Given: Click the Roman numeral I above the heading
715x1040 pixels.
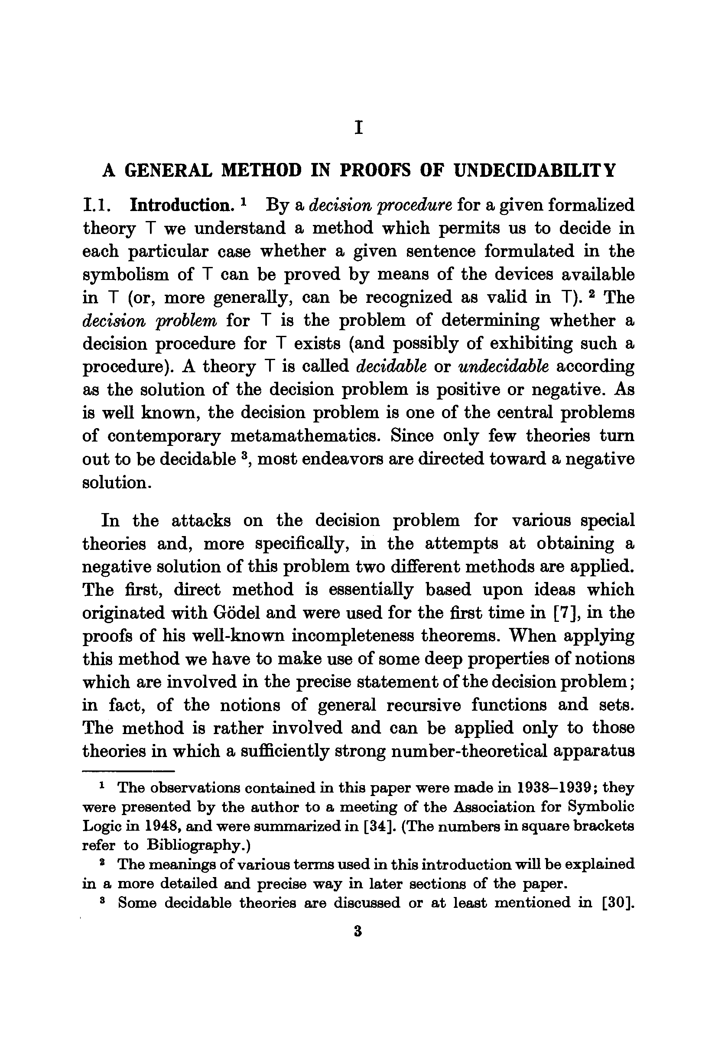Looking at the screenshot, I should click(358, 129).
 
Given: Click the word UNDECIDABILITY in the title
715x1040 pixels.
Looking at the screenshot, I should click(534, 171).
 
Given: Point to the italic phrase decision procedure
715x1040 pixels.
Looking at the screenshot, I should click(381, 205).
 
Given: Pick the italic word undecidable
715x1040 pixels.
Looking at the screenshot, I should click(504, 366).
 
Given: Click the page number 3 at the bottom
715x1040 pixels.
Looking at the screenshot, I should click(357, 932).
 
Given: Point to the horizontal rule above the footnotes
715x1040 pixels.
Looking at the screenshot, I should click(128, 771).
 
